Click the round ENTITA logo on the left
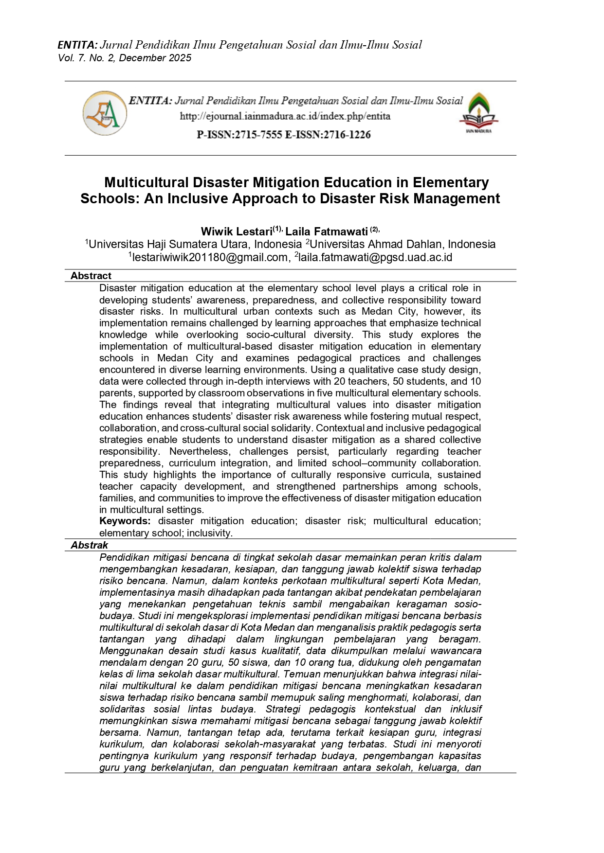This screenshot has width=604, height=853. coord(105,113)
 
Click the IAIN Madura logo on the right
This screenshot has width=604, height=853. coord(478,113)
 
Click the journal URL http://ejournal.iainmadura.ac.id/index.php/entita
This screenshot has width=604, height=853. coord(285,116)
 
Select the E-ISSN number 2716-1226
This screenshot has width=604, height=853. coord(347,135)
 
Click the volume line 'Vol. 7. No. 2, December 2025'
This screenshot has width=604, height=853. coord(125,58)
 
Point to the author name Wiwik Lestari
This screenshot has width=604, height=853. coord(237,231)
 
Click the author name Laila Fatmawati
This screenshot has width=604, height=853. coord(326,231)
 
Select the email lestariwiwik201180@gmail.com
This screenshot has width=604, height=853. coord(210,258)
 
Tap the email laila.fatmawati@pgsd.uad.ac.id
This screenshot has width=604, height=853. coord(375,258)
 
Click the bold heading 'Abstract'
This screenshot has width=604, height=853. coord(91,276)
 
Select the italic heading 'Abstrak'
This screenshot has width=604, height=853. coord(90,545)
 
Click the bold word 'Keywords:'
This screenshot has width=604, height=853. coord(125,521)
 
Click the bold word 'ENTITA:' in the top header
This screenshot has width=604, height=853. coord(77,45)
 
